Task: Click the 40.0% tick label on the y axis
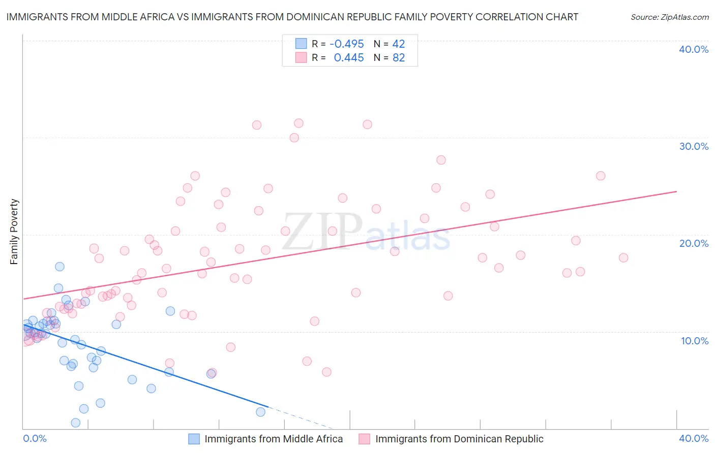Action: [693, 49]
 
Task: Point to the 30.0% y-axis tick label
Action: [693, 146]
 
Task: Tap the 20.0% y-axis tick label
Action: [693, 243]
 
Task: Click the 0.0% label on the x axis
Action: [35, 438]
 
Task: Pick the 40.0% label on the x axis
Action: [693, 438]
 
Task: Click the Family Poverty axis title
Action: [14, 232]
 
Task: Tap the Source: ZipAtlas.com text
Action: [669, 17]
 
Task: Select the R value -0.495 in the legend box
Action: [346, 44]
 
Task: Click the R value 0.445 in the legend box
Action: [348, 58]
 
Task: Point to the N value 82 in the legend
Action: [398, 58]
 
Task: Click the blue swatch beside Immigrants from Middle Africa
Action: [194, 439]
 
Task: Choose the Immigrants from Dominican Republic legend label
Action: [459, 439]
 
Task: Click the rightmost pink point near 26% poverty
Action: [600, 176]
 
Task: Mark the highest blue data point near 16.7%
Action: [59, 267]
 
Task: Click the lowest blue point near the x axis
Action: [75, 423]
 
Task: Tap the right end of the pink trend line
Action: [676, 191]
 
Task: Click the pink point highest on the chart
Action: [299, 123]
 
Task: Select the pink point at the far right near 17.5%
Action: [623, 257]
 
